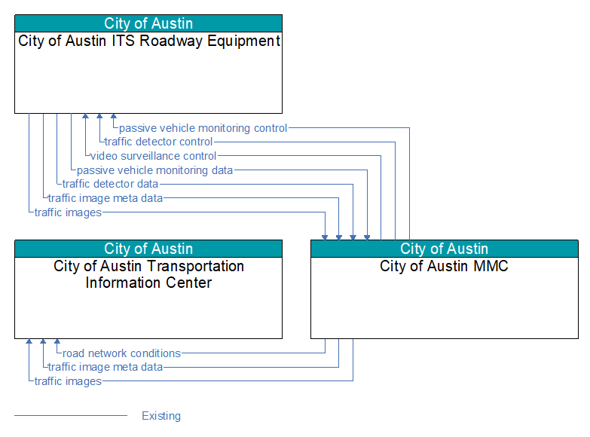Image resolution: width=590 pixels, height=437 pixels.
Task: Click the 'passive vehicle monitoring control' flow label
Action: tap(203, 128)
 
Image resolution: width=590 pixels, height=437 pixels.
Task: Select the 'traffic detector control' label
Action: tap(158, 142)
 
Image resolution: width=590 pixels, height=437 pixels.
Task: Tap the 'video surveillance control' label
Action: tap(153, 156)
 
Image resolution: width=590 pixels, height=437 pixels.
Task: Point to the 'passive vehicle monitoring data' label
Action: tap(154, 170)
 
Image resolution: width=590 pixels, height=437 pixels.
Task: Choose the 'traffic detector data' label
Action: tap(110, 184)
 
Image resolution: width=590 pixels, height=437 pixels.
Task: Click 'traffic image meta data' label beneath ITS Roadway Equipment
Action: tap(105, 198)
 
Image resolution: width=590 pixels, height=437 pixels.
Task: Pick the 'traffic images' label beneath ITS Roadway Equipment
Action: tap(68, 212)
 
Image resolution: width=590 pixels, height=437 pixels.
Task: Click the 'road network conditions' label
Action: tap(121, 353)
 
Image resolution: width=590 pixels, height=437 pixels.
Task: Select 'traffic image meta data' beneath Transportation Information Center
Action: tap(105, 367)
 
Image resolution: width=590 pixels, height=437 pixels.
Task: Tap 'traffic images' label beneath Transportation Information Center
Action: tap(68, 381)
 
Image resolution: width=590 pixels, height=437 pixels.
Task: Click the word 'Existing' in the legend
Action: tap(161, 416)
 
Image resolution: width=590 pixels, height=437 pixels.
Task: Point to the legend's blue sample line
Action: tap(71, 416)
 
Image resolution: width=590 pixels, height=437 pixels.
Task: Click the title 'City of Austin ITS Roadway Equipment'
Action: tap(149, 41)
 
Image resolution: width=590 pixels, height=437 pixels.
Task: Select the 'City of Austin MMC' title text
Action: tap(444, 266)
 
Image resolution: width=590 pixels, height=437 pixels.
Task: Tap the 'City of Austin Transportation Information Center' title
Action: tap(148, 274)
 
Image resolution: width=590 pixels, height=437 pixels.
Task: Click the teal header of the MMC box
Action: tap(445, 249)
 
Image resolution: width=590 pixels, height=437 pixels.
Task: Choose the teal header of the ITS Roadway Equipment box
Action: tap(148, 23)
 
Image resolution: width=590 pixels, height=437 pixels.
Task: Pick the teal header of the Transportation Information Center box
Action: tap(148, 249)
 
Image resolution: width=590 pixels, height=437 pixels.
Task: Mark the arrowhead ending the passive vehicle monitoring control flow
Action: tap(114, 116)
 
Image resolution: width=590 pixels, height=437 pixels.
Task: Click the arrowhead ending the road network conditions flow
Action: tap(57, 341)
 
